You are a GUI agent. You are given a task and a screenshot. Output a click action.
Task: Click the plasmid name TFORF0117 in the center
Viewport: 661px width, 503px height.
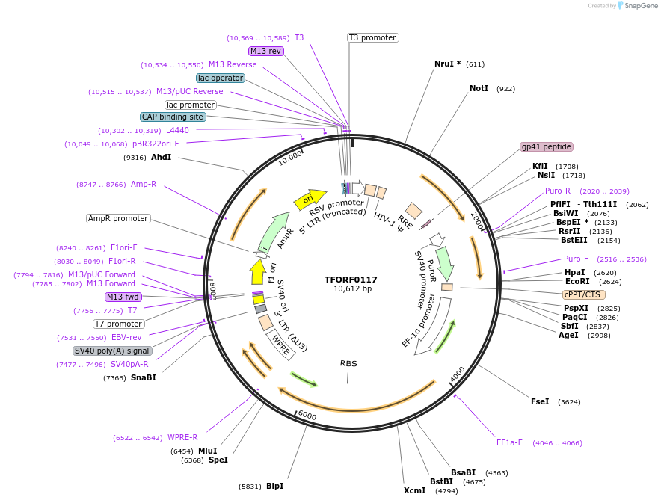click(x=351, y=280)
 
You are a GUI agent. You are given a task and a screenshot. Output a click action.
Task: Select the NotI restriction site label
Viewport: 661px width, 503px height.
click(x=479, y=88)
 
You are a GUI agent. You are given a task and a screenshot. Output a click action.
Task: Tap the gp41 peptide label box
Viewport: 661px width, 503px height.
click(x=547, y=146)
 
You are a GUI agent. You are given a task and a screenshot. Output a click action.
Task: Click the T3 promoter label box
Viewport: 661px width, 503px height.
click(x=372, y=37)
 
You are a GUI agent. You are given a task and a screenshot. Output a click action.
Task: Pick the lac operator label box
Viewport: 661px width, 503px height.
click(x=221, y=78)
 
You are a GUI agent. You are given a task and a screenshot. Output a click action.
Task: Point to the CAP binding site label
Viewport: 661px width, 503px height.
click(x=172, y=117)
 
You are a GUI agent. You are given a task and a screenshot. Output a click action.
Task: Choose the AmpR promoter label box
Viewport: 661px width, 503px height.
click(x=118, y=218)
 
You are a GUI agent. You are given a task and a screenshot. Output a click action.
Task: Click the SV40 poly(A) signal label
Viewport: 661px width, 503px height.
click(x=112, y=351)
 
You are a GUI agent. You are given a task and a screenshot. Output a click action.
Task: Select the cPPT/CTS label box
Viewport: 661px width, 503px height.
click(x=584, y=294)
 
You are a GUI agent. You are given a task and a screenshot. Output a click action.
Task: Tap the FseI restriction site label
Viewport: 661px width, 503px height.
click(x=540, y=401)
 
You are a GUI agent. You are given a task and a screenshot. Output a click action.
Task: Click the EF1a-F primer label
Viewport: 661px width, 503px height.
click(x=509, y=442)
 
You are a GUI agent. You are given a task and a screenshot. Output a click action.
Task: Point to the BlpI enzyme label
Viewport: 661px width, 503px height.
click(x=274, y=486)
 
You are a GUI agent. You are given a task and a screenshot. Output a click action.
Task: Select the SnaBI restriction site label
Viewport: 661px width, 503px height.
click(x=143, y=377)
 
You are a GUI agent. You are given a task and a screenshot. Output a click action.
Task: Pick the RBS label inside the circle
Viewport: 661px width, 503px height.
click(x=348, y=363)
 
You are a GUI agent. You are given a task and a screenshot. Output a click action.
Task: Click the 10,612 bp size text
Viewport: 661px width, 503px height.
click(x=351, y=289)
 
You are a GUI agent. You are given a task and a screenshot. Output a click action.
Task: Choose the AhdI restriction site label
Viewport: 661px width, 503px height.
click(x=161, y=157)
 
